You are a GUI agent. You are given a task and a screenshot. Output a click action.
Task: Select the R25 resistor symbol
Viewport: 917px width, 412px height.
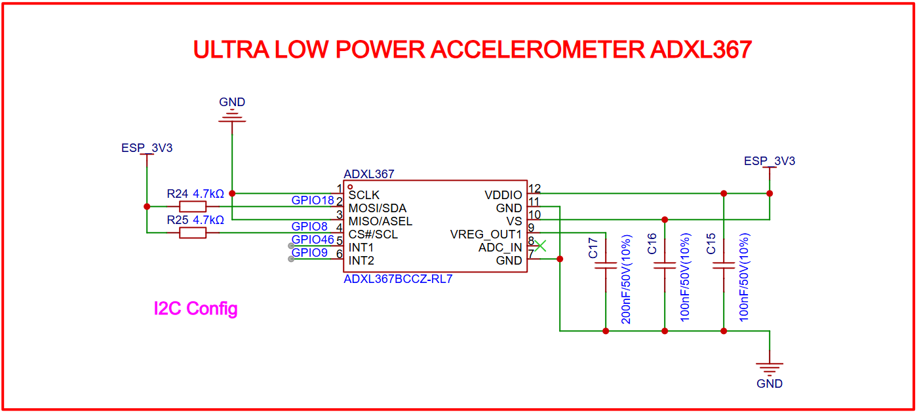click(x=192, y=233)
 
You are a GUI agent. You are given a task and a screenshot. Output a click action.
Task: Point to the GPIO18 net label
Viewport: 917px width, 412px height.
click(x=313, y=200)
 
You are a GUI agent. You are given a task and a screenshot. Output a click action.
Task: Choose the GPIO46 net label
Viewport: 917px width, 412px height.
click(x=313, y=240)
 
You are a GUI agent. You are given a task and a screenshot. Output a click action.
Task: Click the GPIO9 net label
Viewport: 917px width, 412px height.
click(x=309, y=253)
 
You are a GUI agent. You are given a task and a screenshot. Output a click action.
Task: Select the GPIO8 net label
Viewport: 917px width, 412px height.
click(x=309, y=227)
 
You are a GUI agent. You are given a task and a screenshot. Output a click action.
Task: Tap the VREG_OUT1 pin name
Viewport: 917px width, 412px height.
click(x=486, y=234)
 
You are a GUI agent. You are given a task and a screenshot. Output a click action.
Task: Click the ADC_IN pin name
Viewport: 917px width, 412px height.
click(x=500, y=248)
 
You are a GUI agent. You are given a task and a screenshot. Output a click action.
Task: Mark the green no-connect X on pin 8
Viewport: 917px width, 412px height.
click(x=540, y=246)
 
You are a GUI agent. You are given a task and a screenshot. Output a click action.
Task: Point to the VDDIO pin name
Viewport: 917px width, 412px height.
click(x=503, y=195)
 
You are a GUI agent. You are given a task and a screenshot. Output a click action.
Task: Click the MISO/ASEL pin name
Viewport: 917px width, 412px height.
click(x=380, y=221)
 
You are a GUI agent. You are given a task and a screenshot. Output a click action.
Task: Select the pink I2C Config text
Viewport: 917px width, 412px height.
click(x=195, y=309)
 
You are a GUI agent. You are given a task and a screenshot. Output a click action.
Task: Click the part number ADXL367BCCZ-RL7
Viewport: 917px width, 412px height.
click(x=398, y=279)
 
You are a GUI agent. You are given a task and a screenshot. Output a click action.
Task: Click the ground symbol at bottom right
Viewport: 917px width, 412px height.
click(x=770, y=369)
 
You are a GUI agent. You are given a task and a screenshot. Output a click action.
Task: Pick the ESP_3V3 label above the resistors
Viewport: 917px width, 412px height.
click(x=147, y=148)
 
